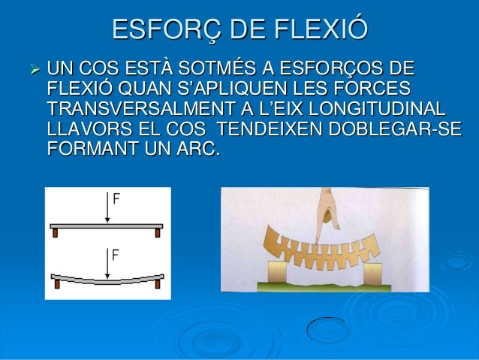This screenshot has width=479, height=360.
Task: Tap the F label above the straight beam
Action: [116, 200]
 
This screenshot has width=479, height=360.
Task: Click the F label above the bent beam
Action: [116, 255]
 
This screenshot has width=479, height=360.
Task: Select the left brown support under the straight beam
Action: [56, 233]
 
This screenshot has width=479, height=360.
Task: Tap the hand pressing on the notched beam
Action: [323, 214]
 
